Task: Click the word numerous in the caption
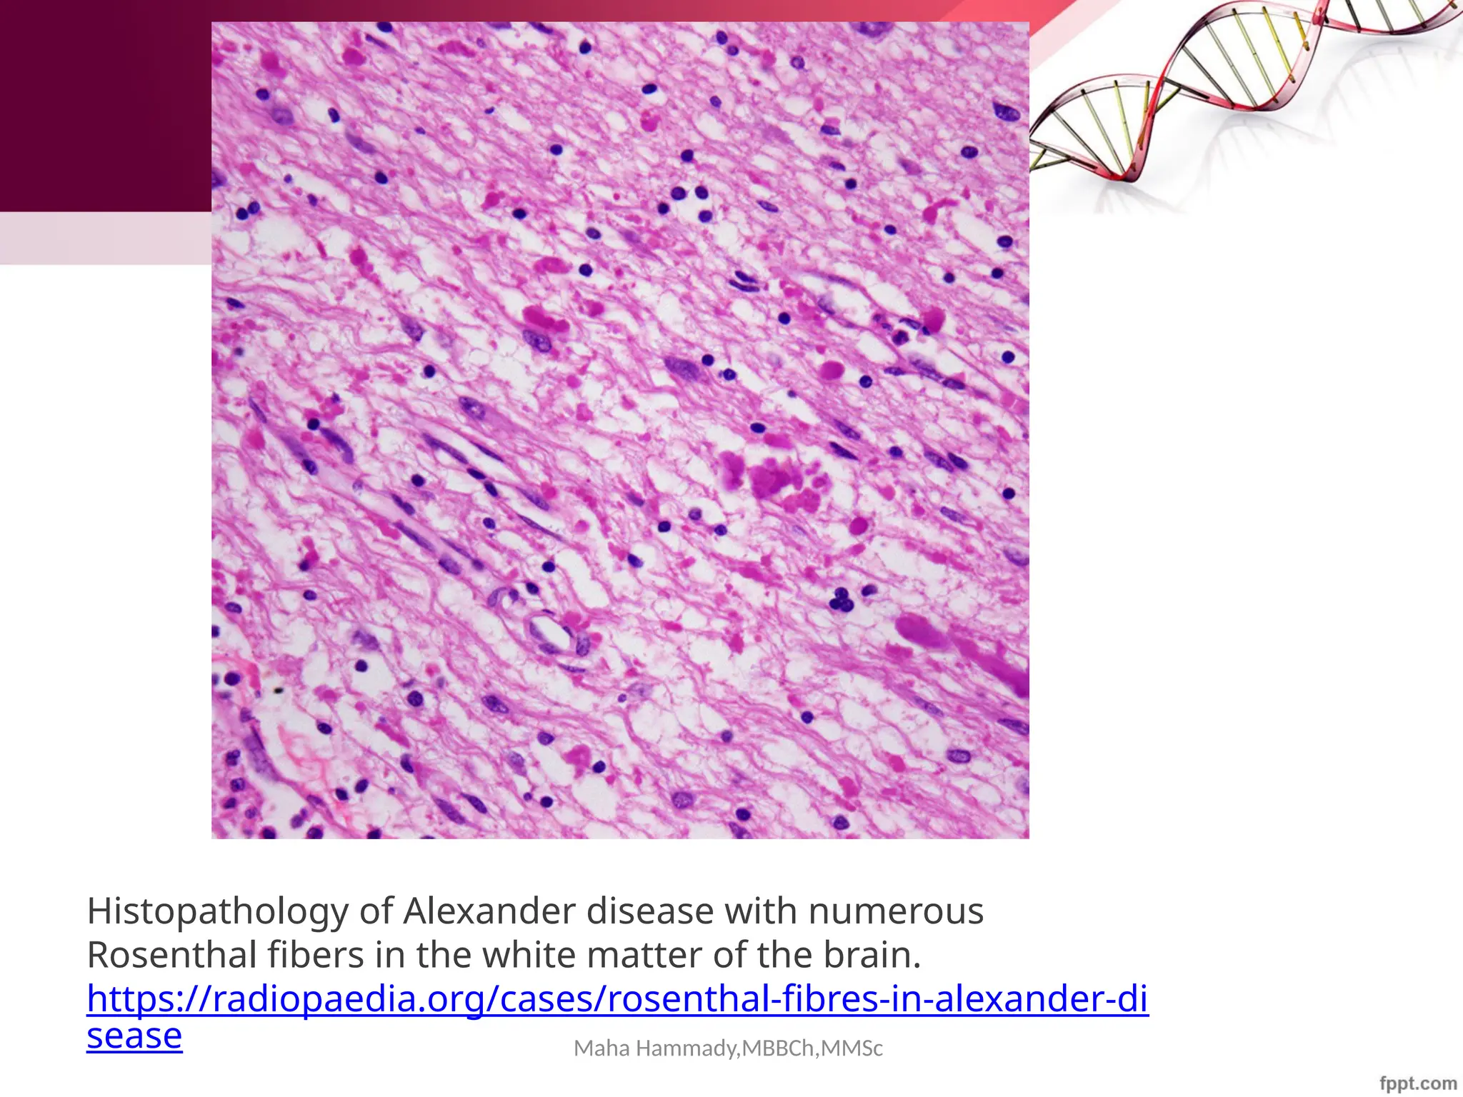(895, 911)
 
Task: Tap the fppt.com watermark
(1418, 1083)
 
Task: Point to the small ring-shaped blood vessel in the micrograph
(550, 631)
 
